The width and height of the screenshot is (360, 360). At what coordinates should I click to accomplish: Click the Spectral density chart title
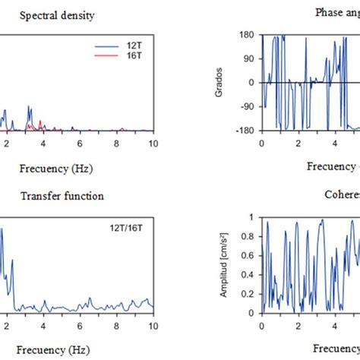click(x=58, y=15)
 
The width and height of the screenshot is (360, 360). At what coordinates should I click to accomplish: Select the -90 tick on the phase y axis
click(x=246, y=106)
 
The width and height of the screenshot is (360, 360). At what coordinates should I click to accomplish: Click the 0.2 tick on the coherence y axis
click(x=248, y=292)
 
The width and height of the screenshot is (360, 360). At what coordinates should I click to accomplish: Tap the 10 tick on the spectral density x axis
click(x=153, y=142)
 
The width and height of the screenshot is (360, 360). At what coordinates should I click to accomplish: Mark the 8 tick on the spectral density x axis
click(x=116, y=142)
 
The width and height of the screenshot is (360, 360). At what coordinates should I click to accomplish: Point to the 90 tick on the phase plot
click(x=248, y=59)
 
